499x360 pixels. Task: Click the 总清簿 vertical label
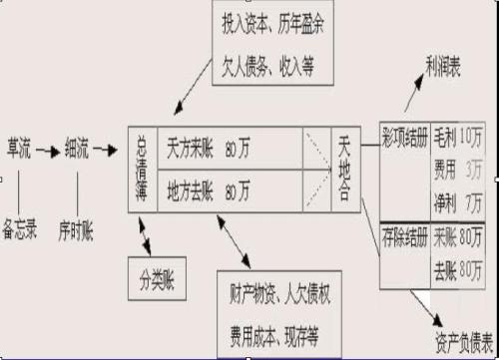(x=142, y=168)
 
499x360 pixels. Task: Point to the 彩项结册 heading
(x=405, y=133)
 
